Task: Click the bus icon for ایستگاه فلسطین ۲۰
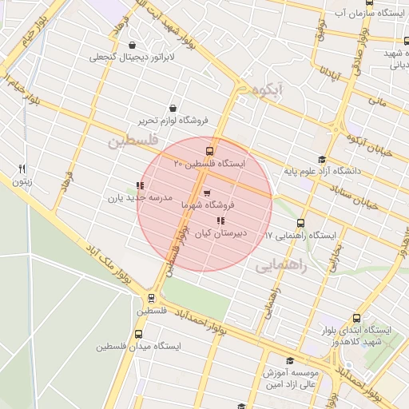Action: tap(210, 151)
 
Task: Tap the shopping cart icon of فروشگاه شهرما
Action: tap(207, 193)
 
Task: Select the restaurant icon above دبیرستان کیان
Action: tap(220, 221)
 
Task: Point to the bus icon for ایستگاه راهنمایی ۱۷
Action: tap(300, 223)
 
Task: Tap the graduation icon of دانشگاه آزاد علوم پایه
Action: tap(322, 159)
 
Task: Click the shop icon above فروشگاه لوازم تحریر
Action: tap(173, 108)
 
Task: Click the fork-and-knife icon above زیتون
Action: tap(22, 169)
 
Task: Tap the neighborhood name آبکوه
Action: tap(264, 91)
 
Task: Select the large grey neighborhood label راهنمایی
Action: tap(280, 266)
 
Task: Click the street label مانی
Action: tap(377, 101)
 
